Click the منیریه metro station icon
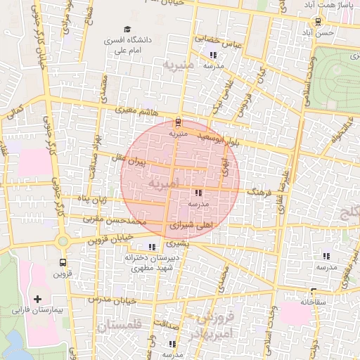[x=177, y=122]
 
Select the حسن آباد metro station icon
[x=319, y=21]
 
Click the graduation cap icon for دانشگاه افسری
[x=127, y=30]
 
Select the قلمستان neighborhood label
[x=120, y=326]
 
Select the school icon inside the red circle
[x=198, y=192]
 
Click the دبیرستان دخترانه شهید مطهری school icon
[x=152, y=247]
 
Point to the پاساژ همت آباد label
[x=327, y=5]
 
